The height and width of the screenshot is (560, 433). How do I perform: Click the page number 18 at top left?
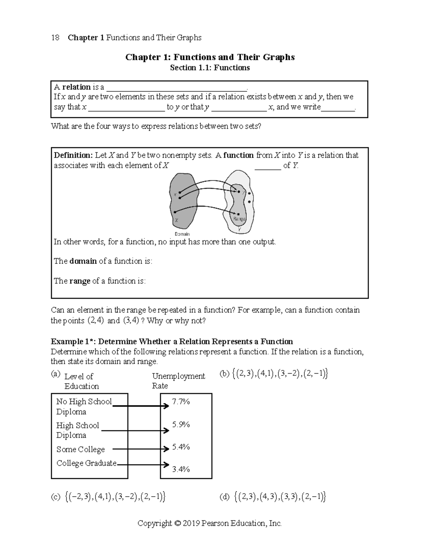(55, 38)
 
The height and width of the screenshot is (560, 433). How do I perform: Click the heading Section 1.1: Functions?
(210, 68)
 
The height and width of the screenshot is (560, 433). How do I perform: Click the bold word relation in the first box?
(76, 87)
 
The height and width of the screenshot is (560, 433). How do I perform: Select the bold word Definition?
(73, 155)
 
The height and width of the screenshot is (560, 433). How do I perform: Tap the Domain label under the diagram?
(182, 234)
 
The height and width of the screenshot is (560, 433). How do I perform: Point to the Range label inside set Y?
(239, 219)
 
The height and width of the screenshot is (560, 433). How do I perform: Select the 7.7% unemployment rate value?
(181, 402)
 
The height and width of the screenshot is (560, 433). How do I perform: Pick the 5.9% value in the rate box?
(181, 424)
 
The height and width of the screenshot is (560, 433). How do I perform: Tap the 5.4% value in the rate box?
(181, 447)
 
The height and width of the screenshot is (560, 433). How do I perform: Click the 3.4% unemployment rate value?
(181, 469)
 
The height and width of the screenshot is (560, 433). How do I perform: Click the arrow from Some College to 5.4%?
(141, 449)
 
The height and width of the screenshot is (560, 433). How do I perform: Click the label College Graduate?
(86, 463)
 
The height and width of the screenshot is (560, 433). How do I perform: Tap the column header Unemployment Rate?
(178, 381)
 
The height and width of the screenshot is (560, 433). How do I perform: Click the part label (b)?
(224, 374)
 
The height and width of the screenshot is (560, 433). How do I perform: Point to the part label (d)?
(224, 497)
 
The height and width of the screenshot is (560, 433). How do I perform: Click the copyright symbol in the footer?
(176, 523)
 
